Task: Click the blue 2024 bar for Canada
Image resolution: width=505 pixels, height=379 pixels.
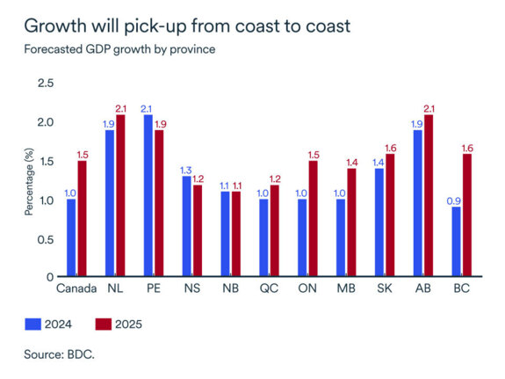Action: pos(71,237)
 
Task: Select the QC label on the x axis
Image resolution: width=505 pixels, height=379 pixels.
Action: pos(270,288)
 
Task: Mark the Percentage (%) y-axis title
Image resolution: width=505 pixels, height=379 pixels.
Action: pos(29,179)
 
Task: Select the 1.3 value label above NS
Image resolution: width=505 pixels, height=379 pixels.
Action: pos(186,170)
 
